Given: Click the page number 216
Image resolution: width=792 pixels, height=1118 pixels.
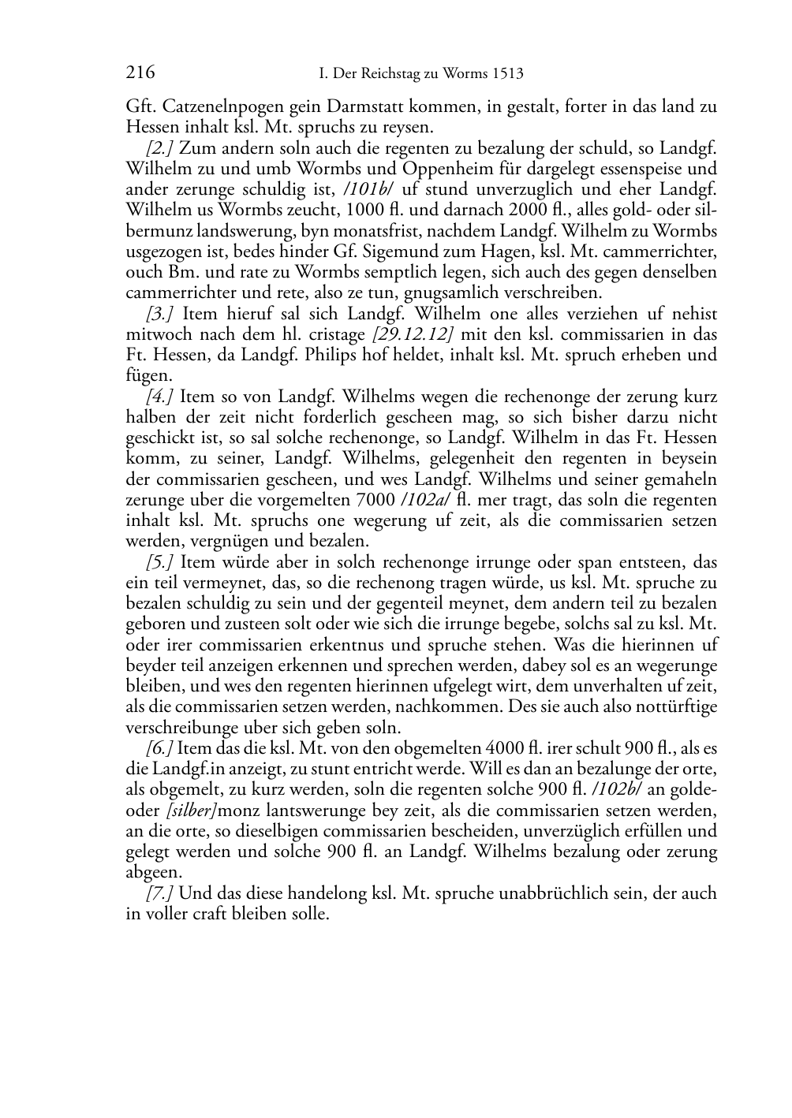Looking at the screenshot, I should [x=140, y=73].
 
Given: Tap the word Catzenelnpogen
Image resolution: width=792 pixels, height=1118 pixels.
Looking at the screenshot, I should [x=211, y=106].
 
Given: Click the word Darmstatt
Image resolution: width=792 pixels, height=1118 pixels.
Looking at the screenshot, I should [x=379, y=106].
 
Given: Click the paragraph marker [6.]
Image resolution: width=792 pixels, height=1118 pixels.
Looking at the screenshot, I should [x=159, y=748].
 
